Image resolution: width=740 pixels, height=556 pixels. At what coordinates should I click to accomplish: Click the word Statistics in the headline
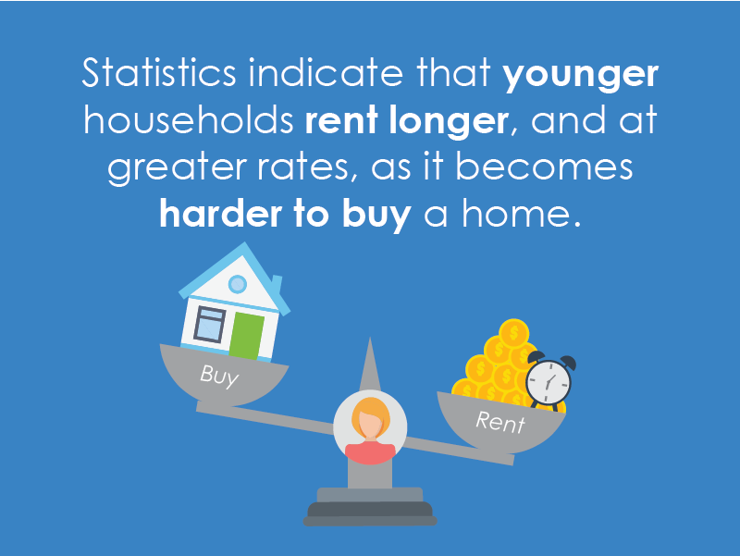(159, 73)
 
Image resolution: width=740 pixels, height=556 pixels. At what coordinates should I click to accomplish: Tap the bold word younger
(581, 77)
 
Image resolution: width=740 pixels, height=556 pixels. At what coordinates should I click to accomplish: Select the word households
(189, 120)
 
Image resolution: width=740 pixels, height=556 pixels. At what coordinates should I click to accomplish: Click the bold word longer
(449, 122)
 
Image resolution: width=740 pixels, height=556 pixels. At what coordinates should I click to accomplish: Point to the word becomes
(544, 167)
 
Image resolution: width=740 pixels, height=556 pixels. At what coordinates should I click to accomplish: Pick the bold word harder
(220, 214)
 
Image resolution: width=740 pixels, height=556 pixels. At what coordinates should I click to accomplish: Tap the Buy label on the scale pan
(219, 376)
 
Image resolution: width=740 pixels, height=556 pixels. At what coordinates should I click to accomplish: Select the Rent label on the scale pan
(500, 422)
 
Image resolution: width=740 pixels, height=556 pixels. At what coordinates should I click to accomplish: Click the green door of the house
(246, 336)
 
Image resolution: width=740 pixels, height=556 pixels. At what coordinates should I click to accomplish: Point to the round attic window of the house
(238, 284)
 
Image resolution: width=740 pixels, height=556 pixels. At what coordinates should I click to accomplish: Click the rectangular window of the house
(210, 324)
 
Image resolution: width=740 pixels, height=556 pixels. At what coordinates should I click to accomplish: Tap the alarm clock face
(548, 382)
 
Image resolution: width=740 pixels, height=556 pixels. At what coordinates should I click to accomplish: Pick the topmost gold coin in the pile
(513, 333)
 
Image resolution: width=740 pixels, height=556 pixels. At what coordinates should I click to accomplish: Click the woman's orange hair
(372, 414)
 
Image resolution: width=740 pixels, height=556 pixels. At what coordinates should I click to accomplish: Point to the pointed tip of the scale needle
(370, 338)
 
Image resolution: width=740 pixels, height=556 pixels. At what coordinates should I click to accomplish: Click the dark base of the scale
(370, 514)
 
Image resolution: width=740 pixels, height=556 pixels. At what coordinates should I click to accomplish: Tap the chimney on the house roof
(276, 285)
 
